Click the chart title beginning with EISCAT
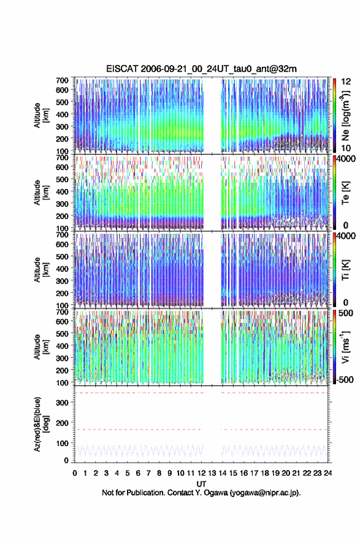[x=201, y=69]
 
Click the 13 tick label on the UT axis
[x=212, y=473]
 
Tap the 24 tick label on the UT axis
[x=328, y=473]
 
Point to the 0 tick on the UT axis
[x=75, y=473]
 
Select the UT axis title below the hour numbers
[x=201, y=484]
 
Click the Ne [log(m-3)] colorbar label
[x=345, y=115]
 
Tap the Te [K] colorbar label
[x=345, y=193]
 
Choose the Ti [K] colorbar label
[x=345, y=269]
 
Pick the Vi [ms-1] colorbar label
[x=345, y=347]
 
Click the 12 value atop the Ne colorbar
[x=346, y=82]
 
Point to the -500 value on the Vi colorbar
[x=343, y=379]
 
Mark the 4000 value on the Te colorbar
[x=346, y=159]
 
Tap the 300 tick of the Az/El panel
[x=63, y=403]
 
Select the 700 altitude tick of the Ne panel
[x=63, y=80]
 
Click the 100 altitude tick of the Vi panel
[x=63, y=383]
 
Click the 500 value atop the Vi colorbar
[x=346, y=313]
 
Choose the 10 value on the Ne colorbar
[x=346, y=148]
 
